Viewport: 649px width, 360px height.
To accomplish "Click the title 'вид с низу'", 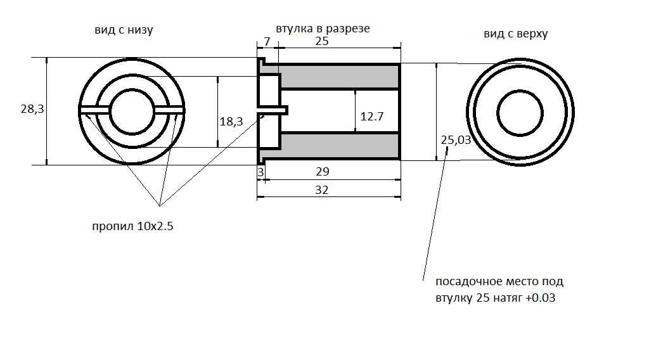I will click(x=124, y=30).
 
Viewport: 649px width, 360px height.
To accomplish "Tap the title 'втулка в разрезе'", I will click(x=323, y=29).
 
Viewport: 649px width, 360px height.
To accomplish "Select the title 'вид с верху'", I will click(x=515, y=34).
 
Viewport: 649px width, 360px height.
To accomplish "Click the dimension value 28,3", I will click(x=32, y=109).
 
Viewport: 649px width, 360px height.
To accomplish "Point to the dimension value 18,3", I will click(x=231, y=122).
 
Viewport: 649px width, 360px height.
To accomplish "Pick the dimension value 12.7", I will click(x=372, y=117).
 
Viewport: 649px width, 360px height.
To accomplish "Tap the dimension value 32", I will click(x=322, y=190).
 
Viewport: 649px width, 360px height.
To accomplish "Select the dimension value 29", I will click(x=323, y=172).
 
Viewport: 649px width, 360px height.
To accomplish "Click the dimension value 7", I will click(x=266, y=42).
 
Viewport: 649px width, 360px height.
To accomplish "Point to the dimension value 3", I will click(x=260, y=172).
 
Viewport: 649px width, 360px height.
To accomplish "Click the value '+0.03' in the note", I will click(x=541, y=298).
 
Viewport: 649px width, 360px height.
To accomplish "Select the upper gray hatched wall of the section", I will click(x=340, y=77).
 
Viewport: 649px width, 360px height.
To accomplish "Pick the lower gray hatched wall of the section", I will click(x=340, y=146).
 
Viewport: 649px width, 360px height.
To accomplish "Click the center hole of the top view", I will click(x=520, y=113).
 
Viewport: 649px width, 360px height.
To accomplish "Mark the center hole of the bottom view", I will click(x=132, y=110).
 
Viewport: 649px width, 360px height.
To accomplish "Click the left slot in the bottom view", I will click(x=96, y=111).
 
